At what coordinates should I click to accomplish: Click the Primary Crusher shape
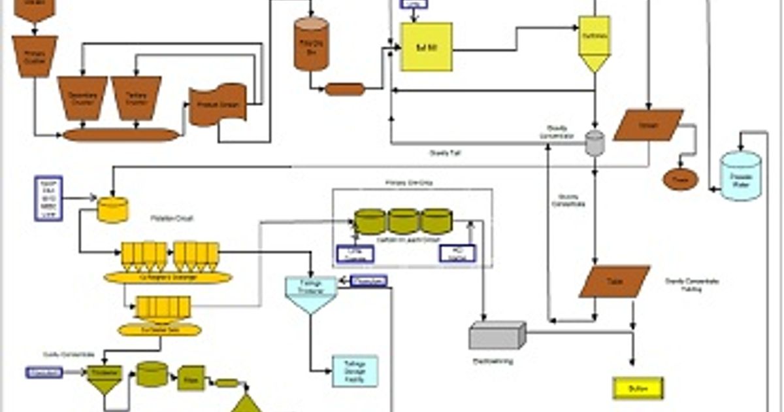coord(35,56)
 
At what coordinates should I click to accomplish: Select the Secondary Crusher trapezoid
coord(82,97)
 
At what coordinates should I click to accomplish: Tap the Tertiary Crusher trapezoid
coord(136,97)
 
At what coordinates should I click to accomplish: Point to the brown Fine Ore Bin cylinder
coord(311,44)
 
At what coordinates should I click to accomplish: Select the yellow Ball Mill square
coord(425,47)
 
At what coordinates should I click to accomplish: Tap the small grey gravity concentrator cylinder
coord(595,143)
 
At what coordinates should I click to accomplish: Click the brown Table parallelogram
coord(614,281)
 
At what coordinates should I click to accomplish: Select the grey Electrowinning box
coord(497,335)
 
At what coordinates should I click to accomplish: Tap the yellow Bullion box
coord(638,388)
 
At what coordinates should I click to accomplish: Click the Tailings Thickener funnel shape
coord(310,293)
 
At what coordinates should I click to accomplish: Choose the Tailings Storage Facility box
coord(355,371)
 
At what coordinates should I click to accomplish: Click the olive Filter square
coord(191,378)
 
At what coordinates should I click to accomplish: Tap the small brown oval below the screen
coord(680,179)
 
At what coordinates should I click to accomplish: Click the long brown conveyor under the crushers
coord(121,135)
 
